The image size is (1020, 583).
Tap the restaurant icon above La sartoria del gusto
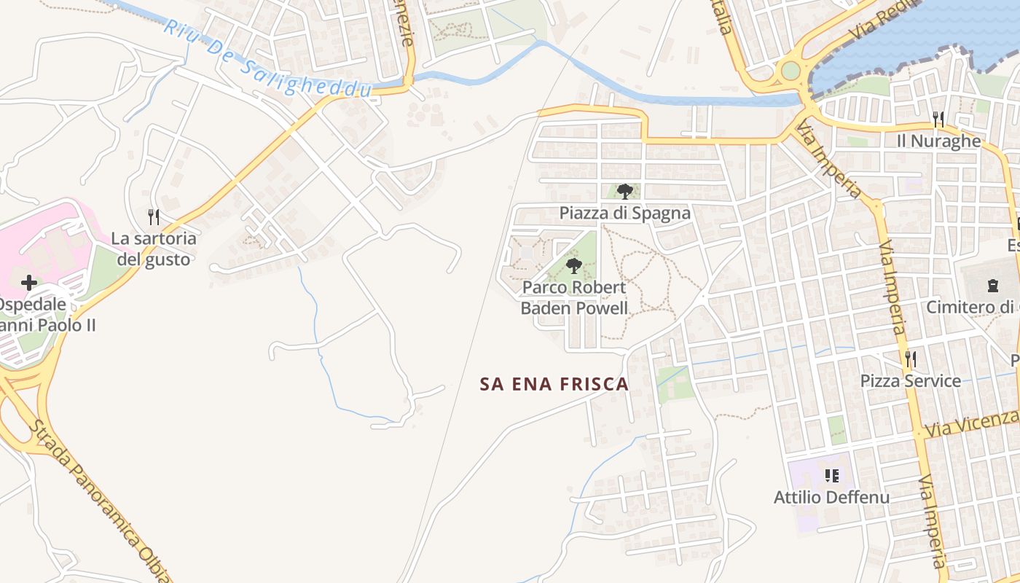point(153,217)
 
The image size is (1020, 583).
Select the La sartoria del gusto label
point(154,249)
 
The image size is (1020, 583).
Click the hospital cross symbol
point(29,282)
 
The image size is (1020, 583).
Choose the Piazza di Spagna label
point(624,213)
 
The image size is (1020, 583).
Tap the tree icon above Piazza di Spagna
point(624,192)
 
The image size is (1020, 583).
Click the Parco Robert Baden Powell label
point(574,297)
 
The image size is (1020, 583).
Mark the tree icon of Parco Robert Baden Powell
point(574,265)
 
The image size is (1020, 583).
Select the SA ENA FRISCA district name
point(554,384)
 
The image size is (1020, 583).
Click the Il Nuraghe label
point(939,141)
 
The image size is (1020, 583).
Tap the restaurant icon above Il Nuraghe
point(938,119)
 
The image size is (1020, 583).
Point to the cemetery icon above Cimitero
point(992,286)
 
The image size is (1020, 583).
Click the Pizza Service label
point(910,380)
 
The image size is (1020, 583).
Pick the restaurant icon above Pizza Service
point(910,359)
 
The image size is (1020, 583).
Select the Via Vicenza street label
point(972,423)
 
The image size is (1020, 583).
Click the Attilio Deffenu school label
point(831,497)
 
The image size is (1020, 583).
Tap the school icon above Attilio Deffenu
point(831,476)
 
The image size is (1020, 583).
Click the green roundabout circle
point(790,71)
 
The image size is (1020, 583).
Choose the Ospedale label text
point(33,304)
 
